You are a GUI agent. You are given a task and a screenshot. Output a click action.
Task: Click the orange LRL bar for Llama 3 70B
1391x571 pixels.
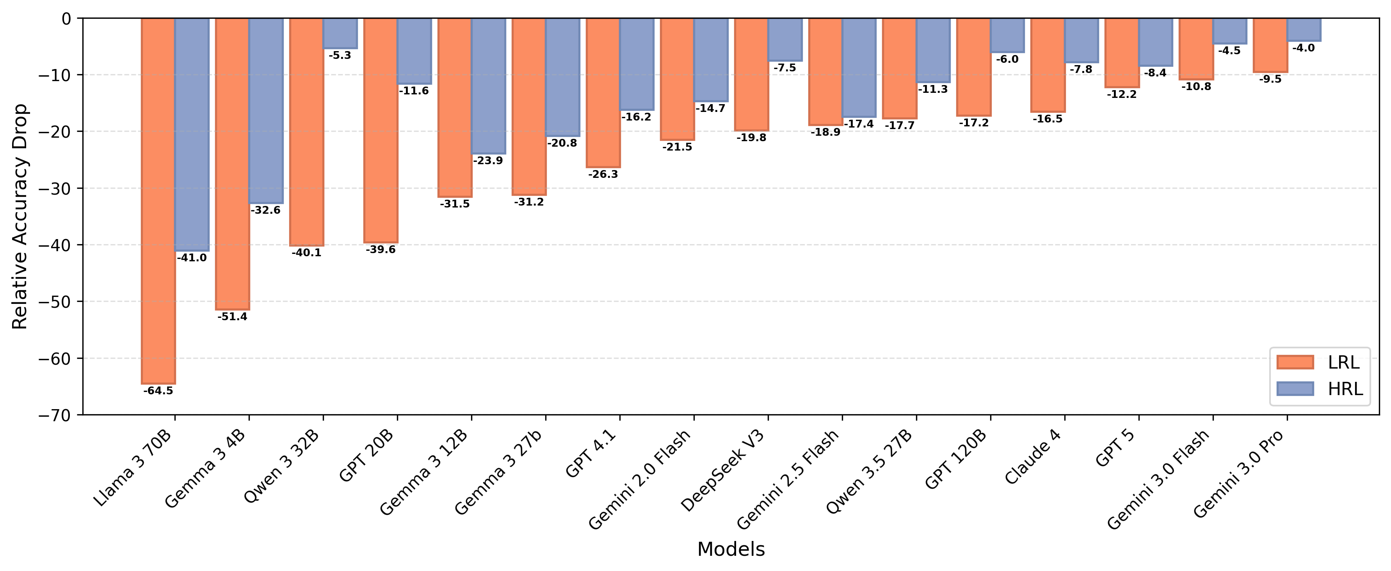tap(158, 201)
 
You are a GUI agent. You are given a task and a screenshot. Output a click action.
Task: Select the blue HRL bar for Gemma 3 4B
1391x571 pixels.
tap(266, 111)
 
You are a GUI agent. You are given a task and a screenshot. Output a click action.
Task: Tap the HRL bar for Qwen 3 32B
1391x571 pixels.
tap(340, 34)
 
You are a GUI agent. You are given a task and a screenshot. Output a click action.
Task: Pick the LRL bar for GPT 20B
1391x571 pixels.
tap(381, 131)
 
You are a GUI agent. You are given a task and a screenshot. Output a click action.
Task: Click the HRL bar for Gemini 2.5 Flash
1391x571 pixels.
tap(859, 67)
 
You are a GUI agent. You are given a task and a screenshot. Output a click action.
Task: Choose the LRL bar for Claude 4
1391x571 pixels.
tap(1048, 65)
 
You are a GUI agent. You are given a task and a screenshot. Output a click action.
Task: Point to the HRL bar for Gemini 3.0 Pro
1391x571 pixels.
tap(1304, 30)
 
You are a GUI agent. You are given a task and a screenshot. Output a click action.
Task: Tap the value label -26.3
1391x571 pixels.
tap(603, 174)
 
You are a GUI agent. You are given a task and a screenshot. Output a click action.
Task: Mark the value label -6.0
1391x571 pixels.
tap(1007, 59)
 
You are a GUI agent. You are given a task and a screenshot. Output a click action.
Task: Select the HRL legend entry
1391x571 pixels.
tap(1320, 388)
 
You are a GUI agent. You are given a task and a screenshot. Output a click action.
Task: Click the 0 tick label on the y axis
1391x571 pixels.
tap(66, 19)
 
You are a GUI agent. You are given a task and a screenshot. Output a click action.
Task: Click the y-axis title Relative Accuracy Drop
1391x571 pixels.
tap(20, 216)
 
